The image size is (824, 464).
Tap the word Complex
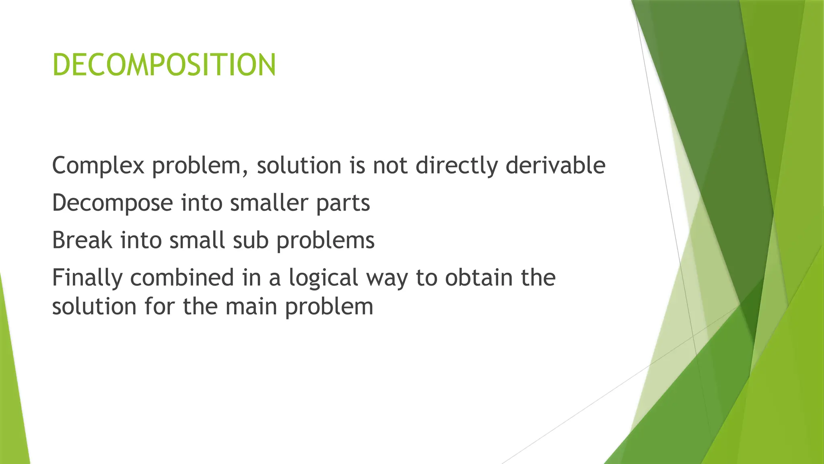(98, 166)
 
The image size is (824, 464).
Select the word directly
(456, 166)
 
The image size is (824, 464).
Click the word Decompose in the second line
(112, 203)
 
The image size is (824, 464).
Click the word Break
(82, 240)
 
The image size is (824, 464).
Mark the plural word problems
(325, 241)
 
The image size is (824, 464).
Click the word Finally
(87, 278)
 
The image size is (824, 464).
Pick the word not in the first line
(390, 166)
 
